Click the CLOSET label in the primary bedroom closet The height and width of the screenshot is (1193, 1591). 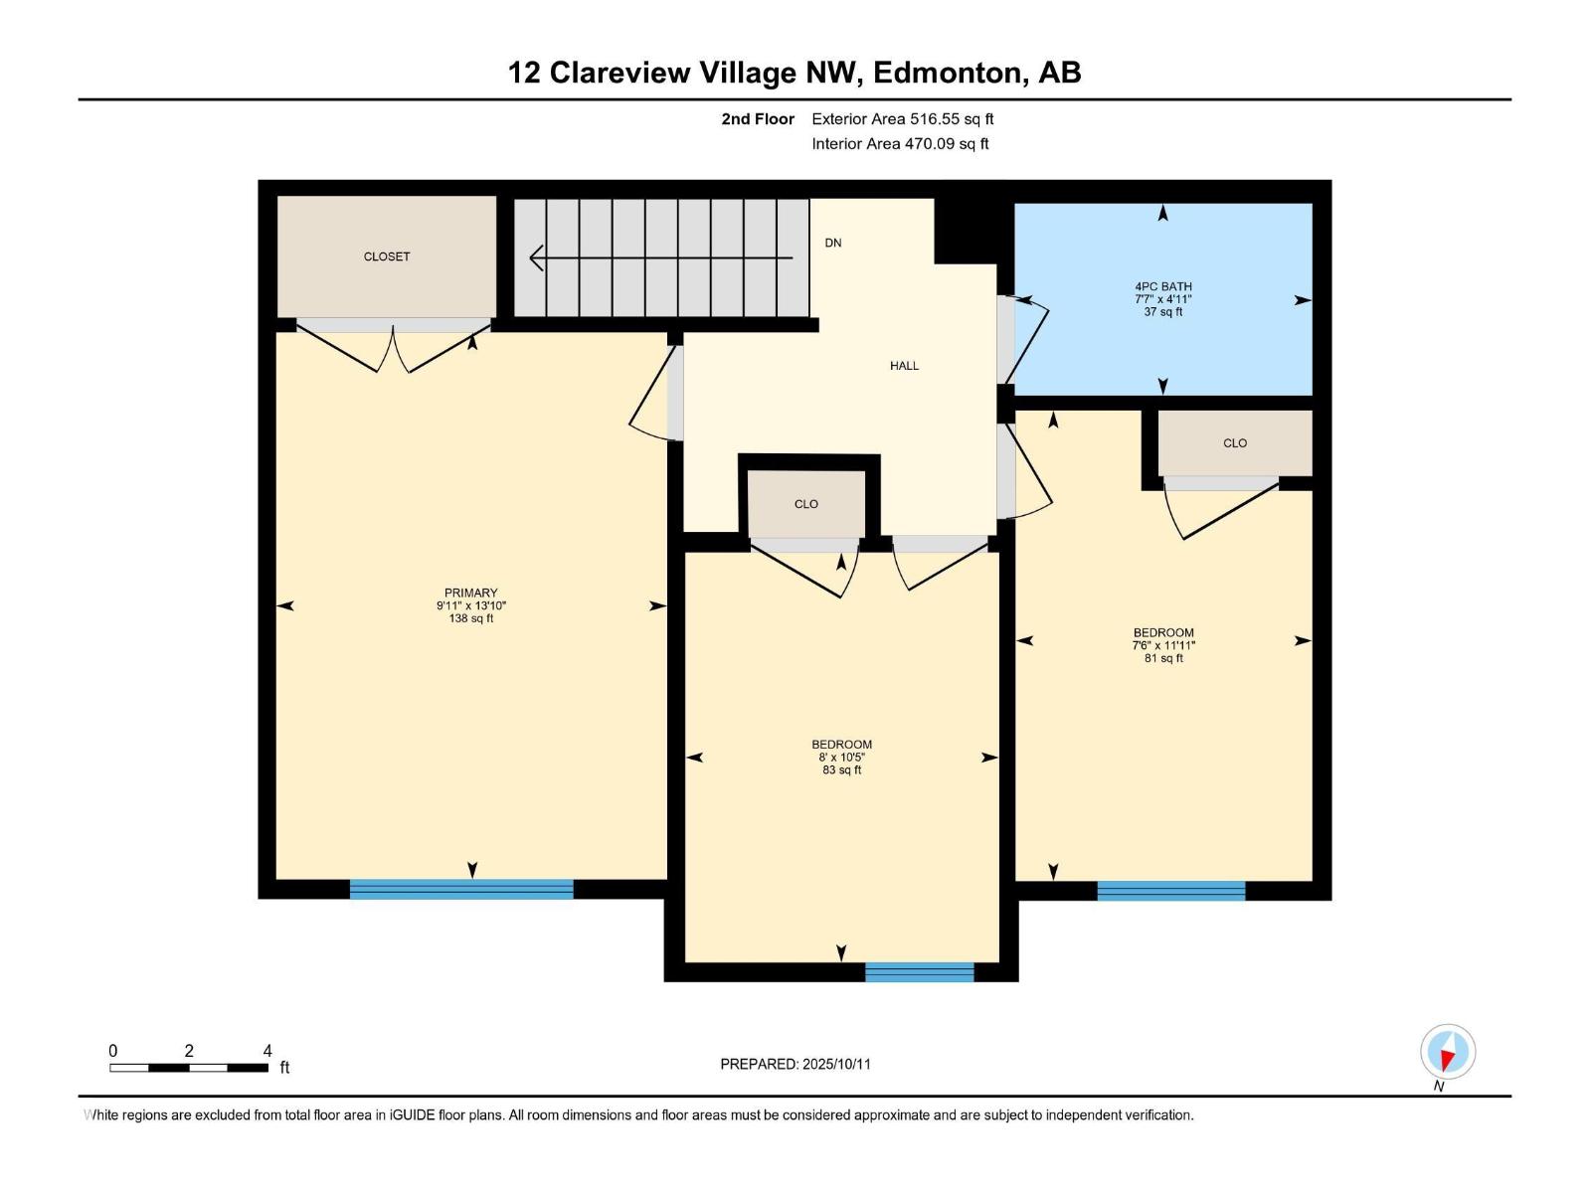pos(387,256)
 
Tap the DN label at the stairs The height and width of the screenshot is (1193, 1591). pos(833,243)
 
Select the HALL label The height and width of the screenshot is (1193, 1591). pos(904,366)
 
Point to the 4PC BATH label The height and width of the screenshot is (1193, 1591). pos(1162,287)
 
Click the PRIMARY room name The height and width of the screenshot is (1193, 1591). pos(470,593)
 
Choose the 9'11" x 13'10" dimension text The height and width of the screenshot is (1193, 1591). pos(470,605)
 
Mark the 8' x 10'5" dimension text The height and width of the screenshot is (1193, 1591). pos(841,757)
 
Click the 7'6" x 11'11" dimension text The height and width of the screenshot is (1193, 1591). pos(1163,645)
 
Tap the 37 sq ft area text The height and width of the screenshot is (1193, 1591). pos(1162,312)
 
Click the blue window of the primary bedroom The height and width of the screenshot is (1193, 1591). pos(461,889)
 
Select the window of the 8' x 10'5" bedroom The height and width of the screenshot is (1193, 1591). pos(919,972)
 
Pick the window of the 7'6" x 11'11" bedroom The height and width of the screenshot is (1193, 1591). pos(1170,891)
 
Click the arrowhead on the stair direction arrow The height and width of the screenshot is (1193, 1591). pos(536,257)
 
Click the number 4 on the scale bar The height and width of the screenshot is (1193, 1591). pos(267,1050)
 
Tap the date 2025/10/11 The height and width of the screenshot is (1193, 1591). pos(836,1064)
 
